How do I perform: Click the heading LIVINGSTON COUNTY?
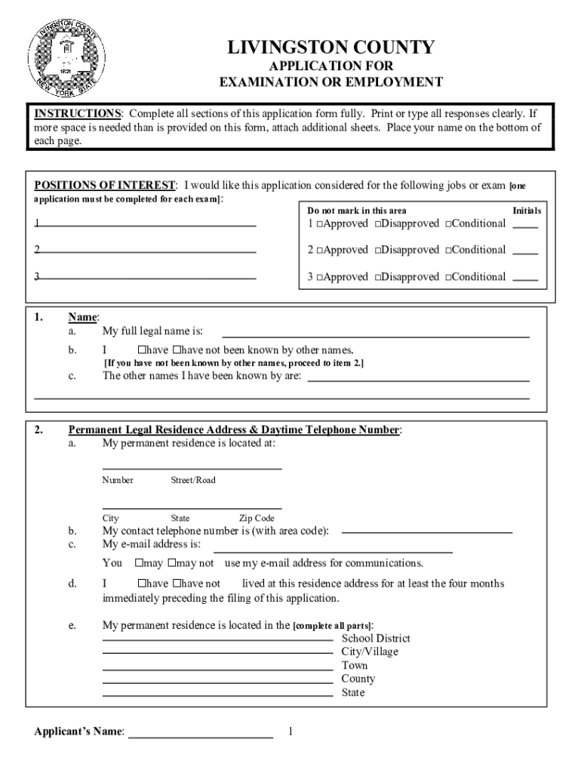[331, 48]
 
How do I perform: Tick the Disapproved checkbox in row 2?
[377, 251]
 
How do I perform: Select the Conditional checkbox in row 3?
[448, 278]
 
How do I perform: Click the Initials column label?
[527, 211]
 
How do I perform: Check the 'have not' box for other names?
[177, 350]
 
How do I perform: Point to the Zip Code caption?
[257, 519]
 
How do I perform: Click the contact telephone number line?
[426, 532]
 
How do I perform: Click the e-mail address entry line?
[333, 552]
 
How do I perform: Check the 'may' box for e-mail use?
[140, 563]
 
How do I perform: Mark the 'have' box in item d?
[141, 584]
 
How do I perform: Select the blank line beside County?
[217, 682]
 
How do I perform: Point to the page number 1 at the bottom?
[290, 732]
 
